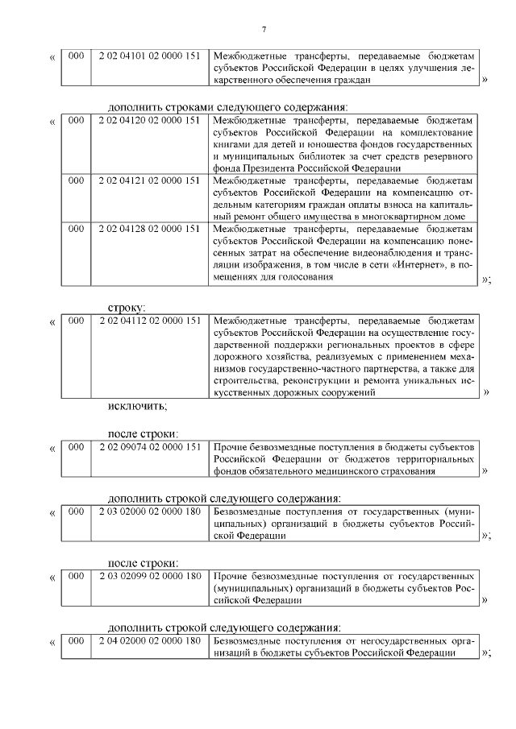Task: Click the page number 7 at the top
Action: (x=264, y=30)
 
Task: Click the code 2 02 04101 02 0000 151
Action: (x=148, y=56)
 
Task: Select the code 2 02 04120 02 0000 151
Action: (x=148, y=120)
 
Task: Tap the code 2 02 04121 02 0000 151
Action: (x=148, y=180)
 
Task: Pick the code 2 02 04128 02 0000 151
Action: (x=148, y=229)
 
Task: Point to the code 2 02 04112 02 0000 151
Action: (x=148, y=321)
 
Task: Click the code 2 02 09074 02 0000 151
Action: (x=148, y=446)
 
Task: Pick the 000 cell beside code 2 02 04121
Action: (x=76, y=180)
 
